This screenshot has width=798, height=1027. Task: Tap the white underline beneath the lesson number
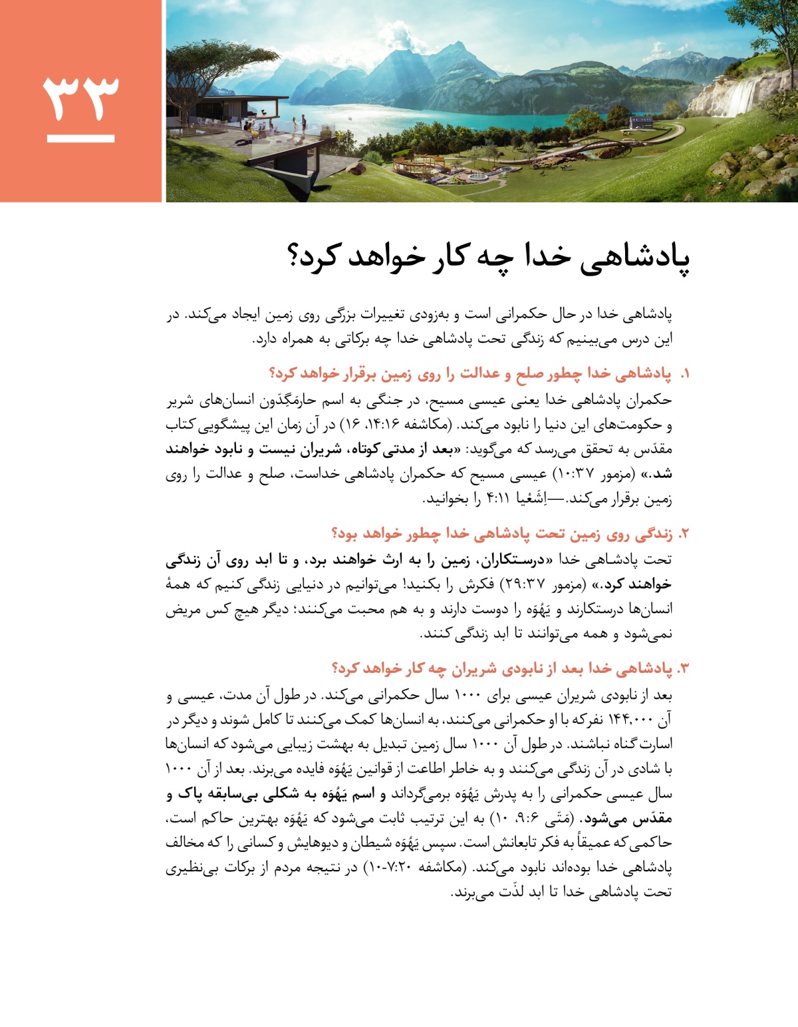(80, 138)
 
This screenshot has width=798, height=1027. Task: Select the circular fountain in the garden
(477, 178)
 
